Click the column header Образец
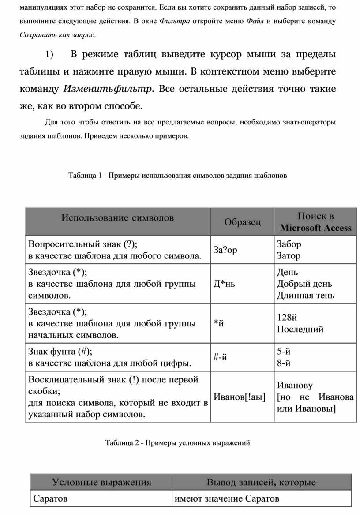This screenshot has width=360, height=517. pyautogui.click(x=242, y=222)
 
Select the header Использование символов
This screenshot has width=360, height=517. pyautogui.click(x=117, y=217)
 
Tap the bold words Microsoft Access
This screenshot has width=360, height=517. pyautogui.click(x=315, y=228)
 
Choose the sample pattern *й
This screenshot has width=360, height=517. pyautogui.click(x=219, y=323)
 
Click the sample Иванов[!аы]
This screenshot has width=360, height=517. pyautogui.click(x=240, y=397)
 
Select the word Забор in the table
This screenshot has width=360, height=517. pyautogui.click(x=289, y=244)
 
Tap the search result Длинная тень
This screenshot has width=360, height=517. pyautogui.click(x=305, y=295)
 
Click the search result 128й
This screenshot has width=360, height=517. pyautogui.click(x=288, y=318)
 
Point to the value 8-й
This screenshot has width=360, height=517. pyautogui.click(x=284, y=363)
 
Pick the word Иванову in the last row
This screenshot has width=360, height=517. pyautogui.click(x=295, y=385)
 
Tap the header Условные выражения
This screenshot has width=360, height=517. pyautogui.click(x=101, y=482)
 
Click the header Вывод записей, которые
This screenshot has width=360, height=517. pyautogui.click(x=261, y=482)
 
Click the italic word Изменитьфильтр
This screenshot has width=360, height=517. pyautogui.click(x=108, y=89)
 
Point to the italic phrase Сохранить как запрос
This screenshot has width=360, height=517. pyautogui.click(x=57, y=34)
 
